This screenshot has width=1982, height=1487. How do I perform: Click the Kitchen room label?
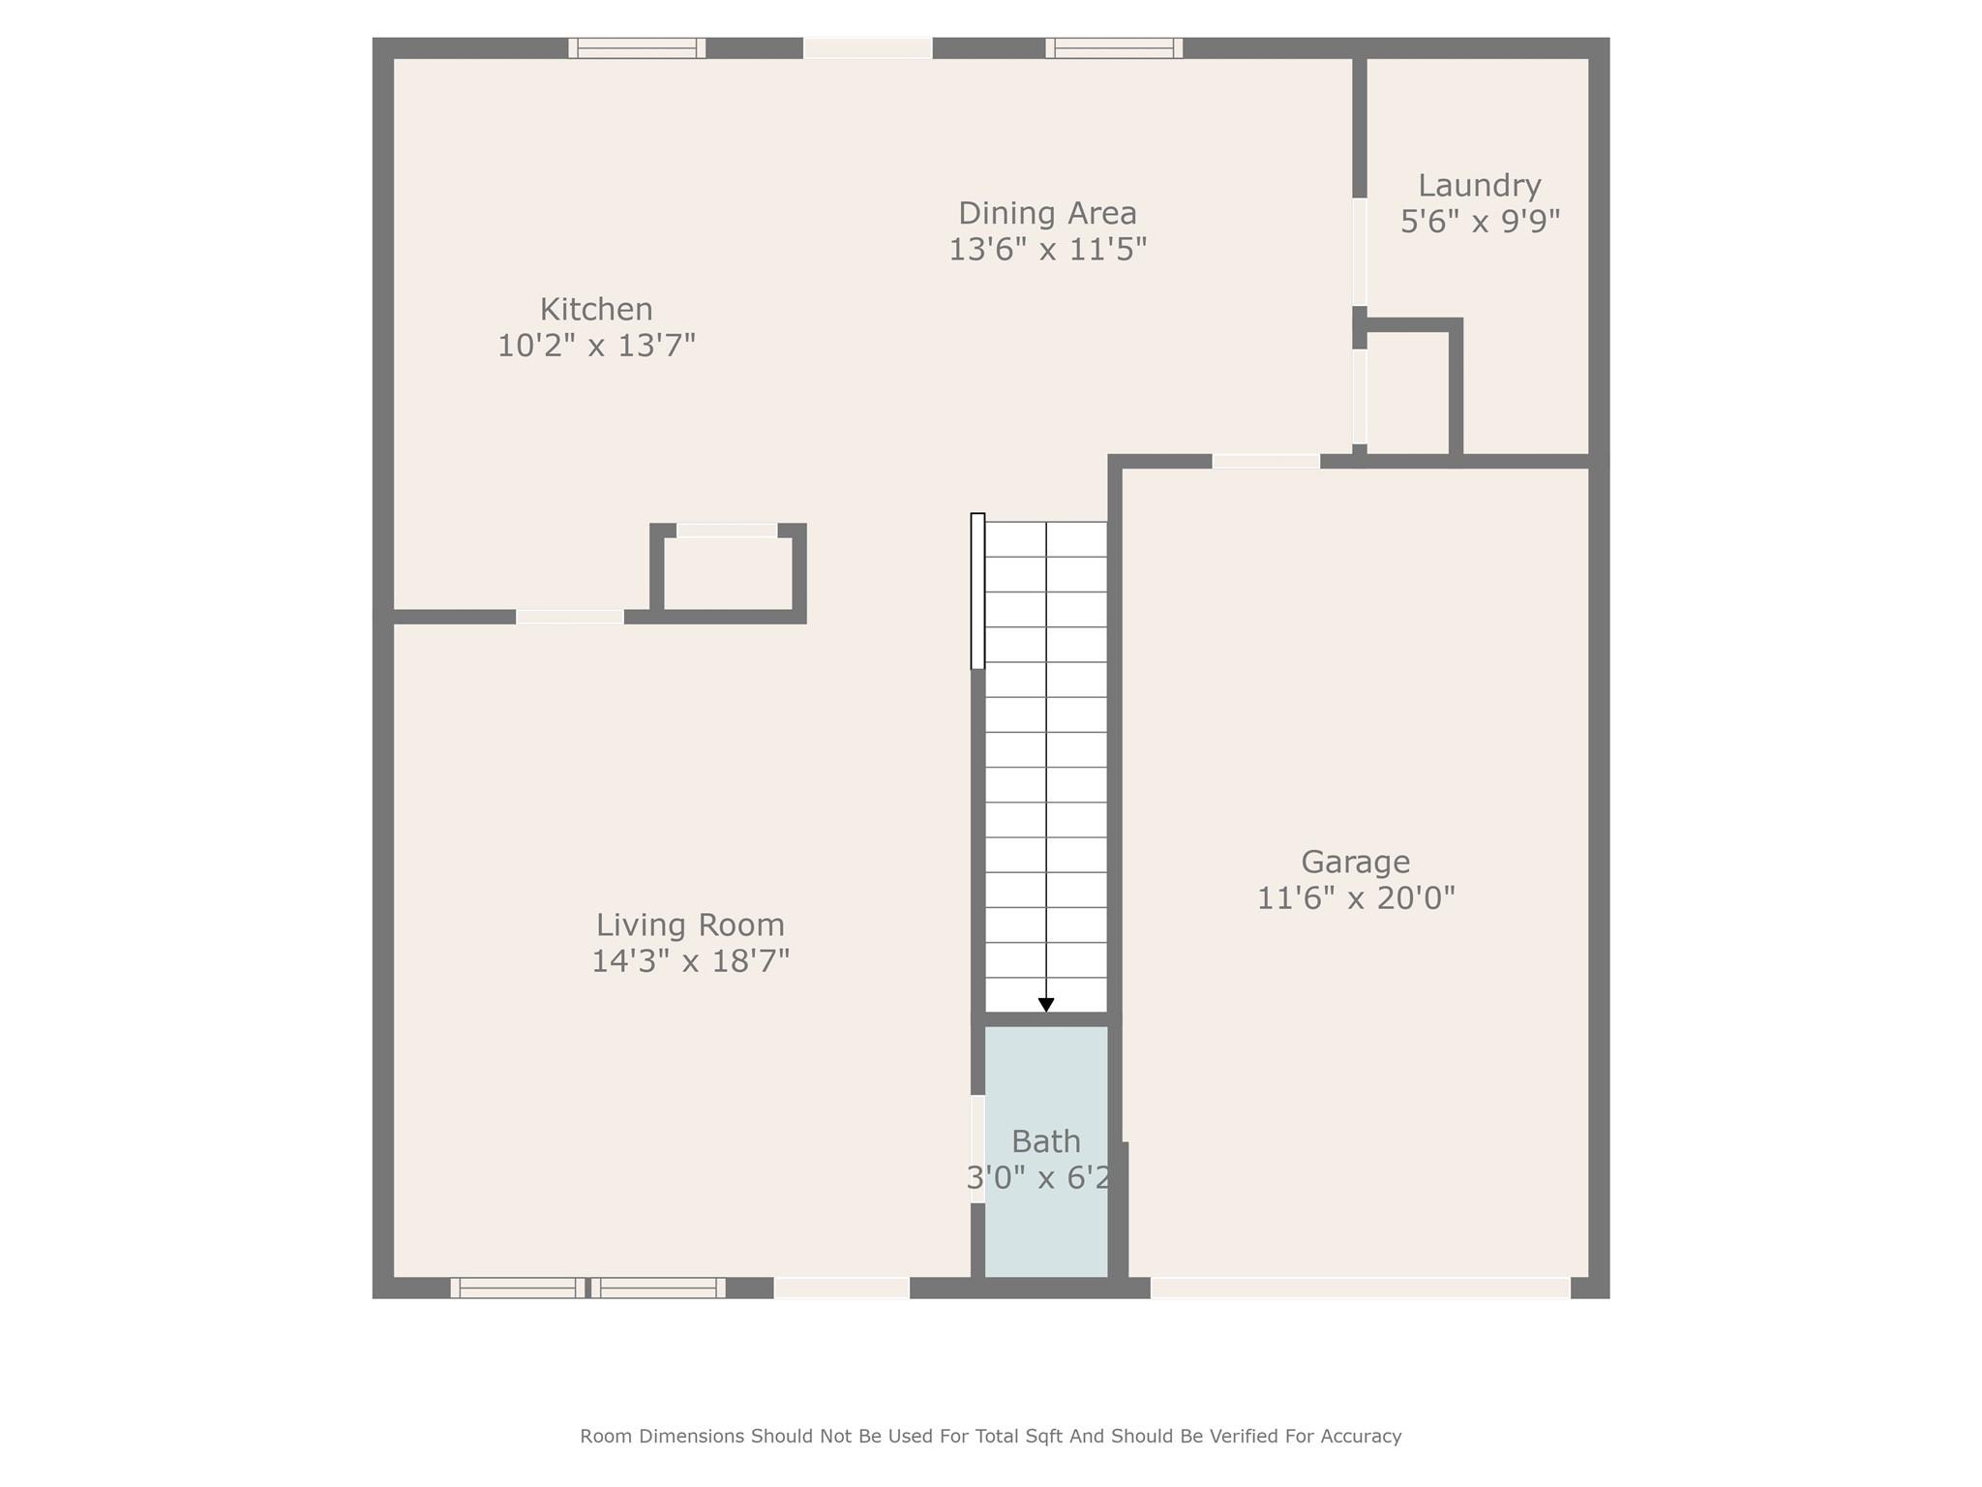[x=596, y=310]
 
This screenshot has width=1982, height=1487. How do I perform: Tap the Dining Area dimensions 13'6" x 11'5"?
[x=1047, y=250]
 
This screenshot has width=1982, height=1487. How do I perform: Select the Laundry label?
[x=1479, y=186]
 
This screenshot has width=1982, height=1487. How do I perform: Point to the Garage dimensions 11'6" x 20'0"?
[x=1355, y=898]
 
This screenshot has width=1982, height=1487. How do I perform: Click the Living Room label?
[x=690, y=926]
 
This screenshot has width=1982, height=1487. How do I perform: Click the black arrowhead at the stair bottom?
[x=1046, y=1005]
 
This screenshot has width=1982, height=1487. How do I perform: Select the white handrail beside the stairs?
[x=977, y=591]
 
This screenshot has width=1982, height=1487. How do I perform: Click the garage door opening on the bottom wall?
[x=1360, y=1288]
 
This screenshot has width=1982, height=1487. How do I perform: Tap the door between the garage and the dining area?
[x=1266, y=462]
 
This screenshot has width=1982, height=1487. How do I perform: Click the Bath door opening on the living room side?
[x=977, y=1148]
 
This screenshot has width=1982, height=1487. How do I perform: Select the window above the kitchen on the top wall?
[x=637, y=48]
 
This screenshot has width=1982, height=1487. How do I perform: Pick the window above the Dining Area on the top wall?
[x=1114, y=48]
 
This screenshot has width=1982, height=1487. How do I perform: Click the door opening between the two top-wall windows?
[x=868, y=48]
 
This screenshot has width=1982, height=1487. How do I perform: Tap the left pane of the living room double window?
[x=518, y=1288]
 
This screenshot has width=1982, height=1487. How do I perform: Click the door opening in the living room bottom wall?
[x=841, y=1288]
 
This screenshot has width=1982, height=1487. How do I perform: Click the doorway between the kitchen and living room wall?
[x=570, y=617]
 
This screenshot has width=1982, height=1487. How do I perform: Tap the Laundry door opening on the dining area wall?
[x=1360, y=252]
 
